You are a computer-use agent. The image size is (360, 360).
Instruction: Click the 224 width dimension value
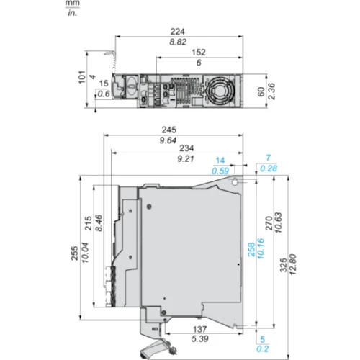(x=178, y=32)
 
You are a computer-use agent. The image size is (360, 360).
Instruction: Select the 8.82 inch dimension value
(x=178, y=42)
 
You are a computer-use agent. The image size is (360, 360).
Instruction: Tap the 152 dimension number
(x=199, y=53)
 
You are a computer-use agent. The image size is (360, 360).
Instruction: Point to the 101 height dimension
(x=82, y=77)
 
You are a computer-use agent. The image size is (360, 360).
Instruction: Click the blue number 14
(x=220, y=161)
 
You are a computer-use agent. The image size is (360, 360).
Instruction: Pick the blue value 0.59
(x=220, y=171)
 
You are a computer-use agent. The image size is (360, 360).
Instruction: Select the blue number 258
(x=251, y=250)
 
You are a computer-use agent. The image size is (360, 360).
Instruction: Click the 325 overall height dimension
(x=284, y=265)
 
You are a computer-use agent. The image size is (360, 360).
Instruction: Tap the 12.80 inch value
(x=293, y=264)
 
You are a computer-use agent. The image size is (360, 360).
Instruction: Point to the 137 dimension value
(x=199, y=329)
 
